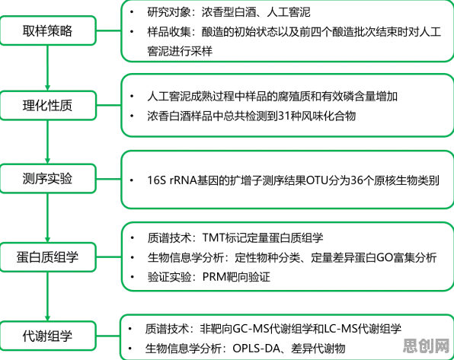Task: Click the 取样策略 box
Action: pos(48,30)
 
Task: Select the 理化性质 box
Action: pos(48,105)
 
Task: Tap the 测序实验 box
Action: pos(48,178)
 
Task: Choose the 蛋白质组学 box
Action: pos(48,257)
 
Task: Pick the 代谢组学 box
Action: pos(48,336)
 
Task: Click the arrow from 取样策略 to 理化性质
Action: pos(47,68)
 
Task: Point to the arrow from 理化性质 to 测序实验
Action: pos(47,142)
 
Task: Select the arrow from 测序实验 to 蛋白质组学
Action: pos(47,218)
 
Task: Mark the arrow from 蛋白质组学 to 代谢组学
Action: pos(47,296)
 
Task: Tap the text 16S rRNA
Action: pos(172,180)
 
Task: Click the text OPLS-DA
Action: pos(256,348)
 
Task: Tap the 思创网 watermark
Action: pos(426,346)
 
